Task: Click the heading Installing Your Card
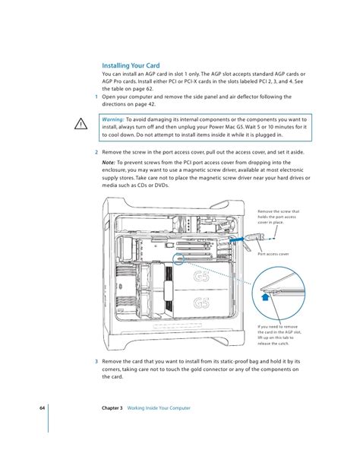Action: tap(131, 65)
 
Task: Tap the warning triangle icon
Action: tap(81, 124)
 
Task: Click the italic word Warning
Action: tap(113, 119)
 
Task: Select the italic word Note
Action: tap(109, 163)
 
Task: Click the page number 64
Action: tap(43, 408)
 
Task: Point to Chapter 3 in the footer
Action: tap(112, 408)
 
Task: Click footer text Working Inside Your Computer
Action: tap(159, 408)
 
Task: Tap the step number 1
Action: tap(96, 97)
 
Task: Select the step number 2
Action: tap(96, 152)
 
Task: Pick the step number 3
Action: tap(96, 361)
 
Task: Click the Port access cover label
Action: tap(273, 254)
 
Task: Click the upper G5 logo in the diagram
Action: tap(201, 276)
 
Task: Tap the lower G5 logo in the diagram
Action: tap(201, 303)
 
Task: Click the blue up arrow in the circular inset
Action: tap(266, 296)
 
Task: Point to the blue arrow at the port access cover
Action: tap(237, 239)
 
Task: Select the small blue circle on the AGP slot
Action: tap(178, 258)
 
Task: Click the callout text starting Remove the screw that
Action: tap(278, 217)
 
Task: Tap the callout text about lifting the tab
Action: tap(279, 335)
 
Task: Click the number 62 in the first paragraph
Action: tap(149, 89)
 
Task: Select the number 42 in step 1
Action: tap(151, 104)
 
